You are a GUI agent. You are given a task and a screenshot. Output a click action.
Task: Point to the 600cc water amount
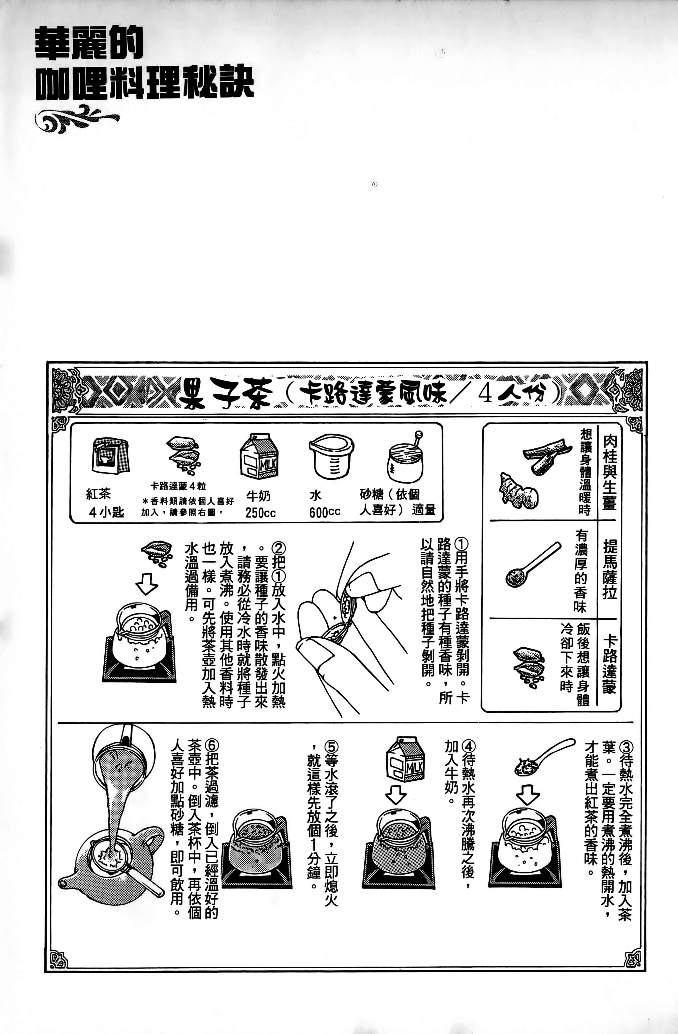tap(325, 513)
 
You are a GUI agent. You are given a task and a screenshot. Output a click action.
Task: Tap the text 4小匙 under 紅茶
tap(106, 512)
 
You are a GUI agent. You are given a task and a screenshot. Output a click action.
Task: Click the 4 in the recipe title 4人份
tap(486, 394)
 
